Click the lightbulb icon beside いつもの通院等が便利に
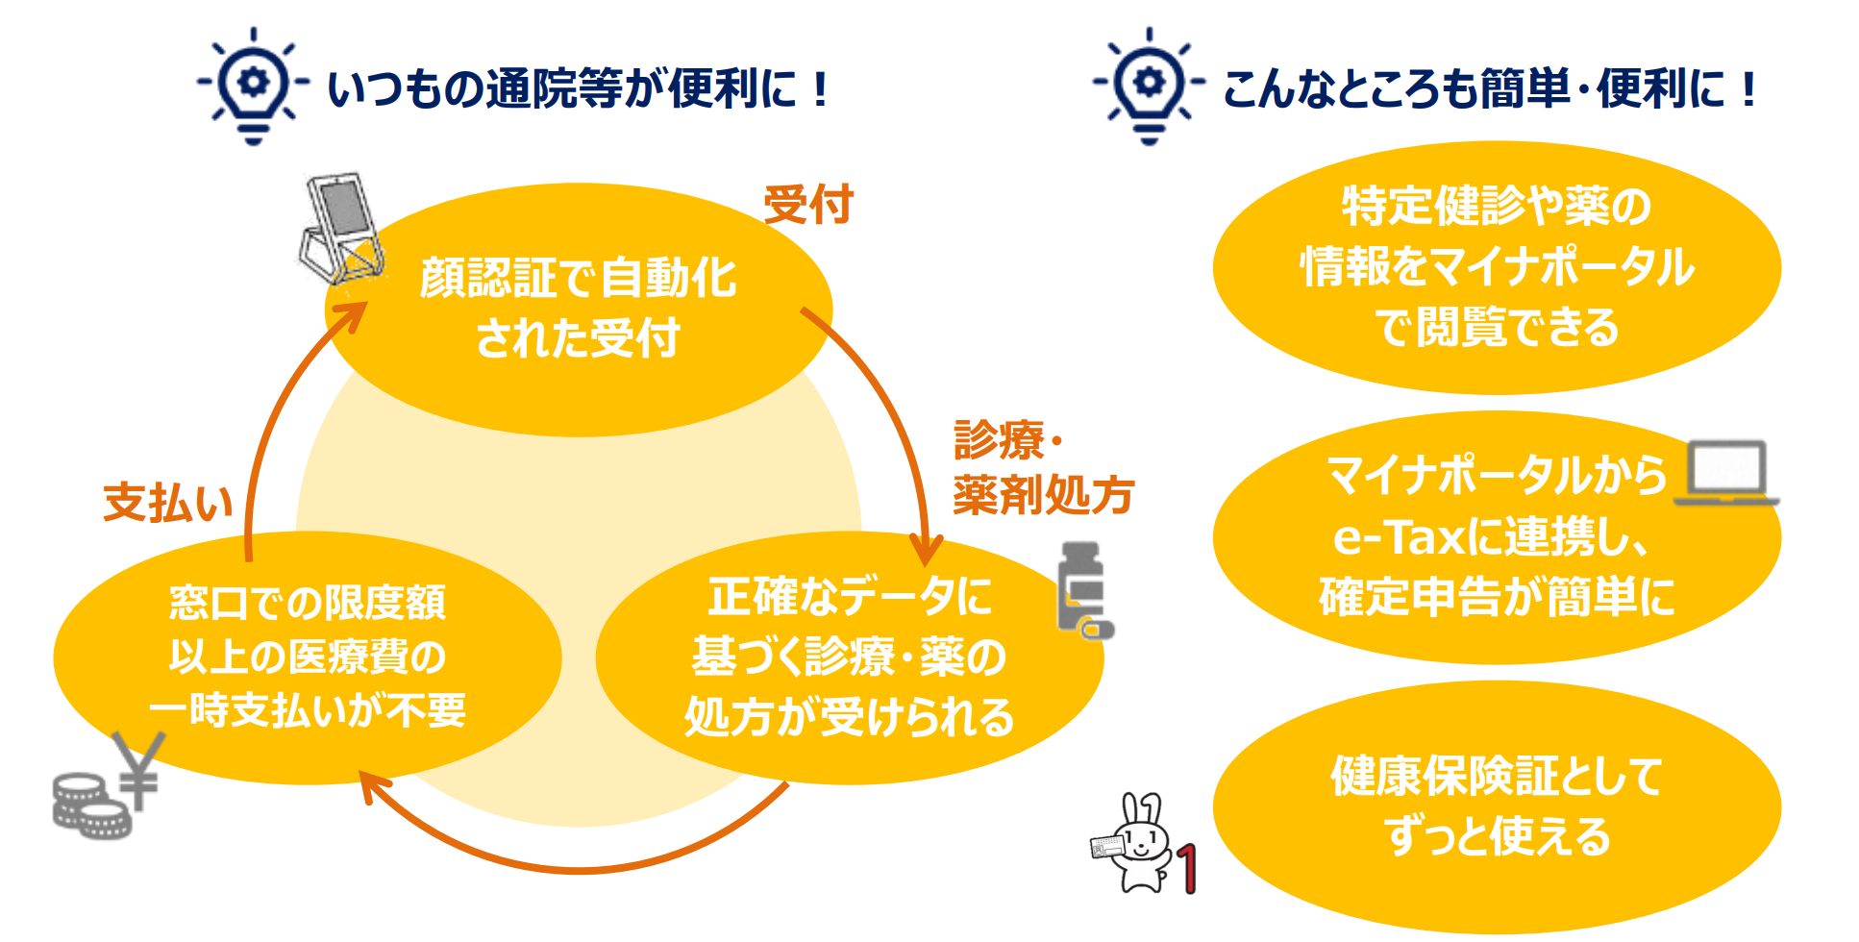(x=253, y=86)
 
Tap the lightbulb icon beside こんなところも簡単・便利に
(x=1149, y=86)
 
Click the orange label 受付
(x=808, y=205)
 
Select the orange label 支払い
(x=169, y=503)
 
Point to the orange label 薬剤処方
(x=1044, y=495)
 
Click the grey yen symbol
(x=138, y=770)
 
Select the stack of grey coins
(x=89, y=806)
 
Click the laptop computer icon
(x=1726, y=473)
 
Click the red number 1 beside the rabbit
(x=1187, y=869)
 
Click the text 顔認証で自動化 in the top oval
(x=579, y=279)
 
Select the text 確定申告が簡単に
(x=1497, y=596)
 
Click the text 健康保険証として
(x=1497, y=776)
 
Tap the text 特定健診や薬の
(x=1497, y=206)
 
